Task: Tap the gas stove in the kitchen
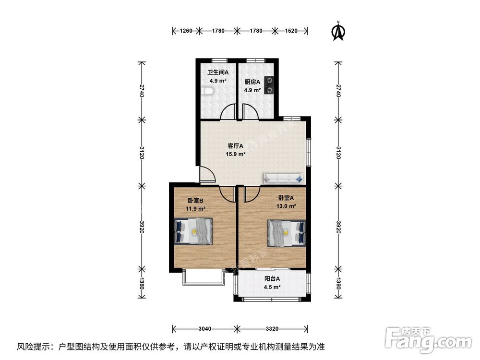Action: pyautogui.click(x=269, y=85)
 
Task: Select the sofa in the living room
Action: pyautogui.click(x=284, y=178)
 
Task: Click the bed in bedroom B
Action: pyautogui.click(x=193, y=231)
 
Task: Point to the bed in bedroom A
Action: pyautogui.click(x=287, y=233)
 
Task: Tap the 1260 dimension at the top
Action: pyautogui.click(x=186, y=31)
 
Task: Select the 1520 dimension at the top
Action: pyautogui.click(x=291, y=31)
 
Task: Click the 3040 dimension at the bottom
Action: pyautogui.click(x=205, y=329)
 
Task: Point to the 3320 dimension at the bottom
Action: pyautogui.click(x=272, y=329)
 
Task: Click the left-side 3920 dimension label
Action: pyautogui.click(x=142, y=227)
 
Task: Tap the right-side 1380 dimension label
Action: pyautogui.click(x=338, y=284)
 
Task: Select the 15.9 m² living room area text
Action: pyautogui.click(x=235, y=154)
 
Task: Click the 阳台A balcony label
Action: pyautogui.click(x=272, y=279)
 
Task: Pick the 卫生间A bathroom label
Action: pyautogui.click(x=218, y=72)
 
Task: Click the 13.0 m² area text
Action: pyautogui.click(x=286, y=206)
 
